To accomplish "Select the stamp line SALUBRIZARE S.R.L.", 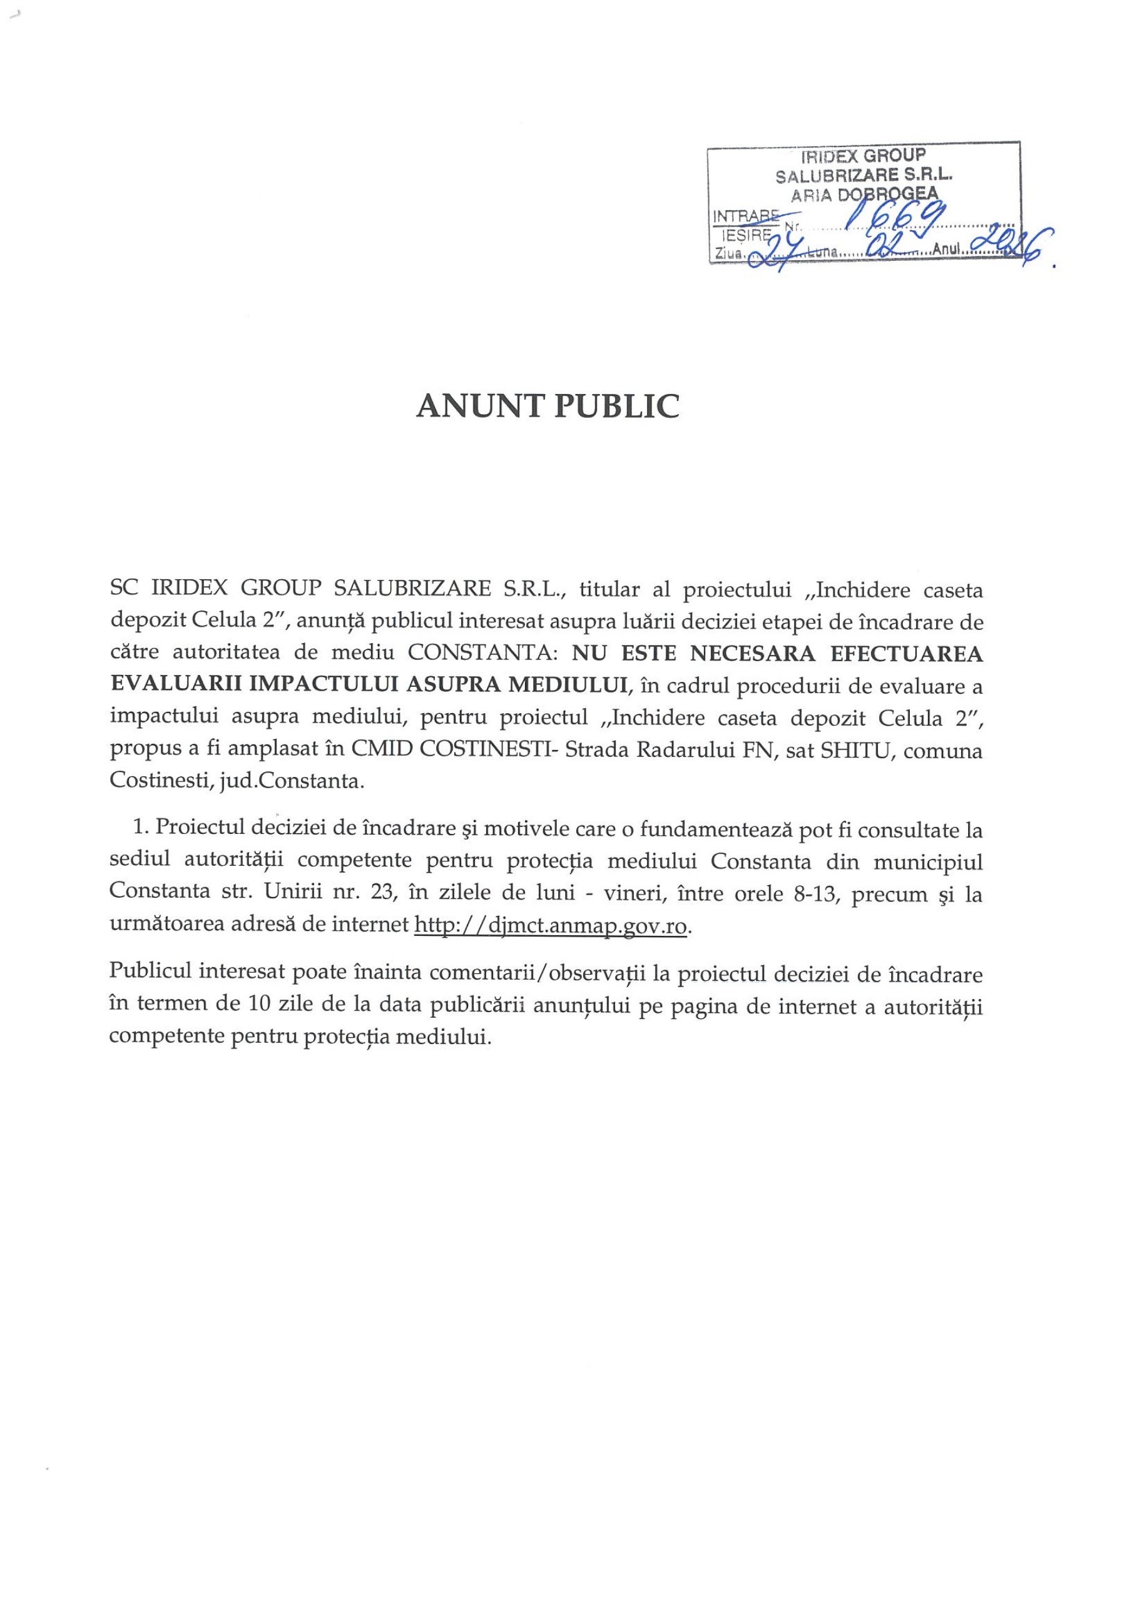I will click(x=864, y=175).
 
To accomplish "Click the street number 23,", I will click(x=380, y=893).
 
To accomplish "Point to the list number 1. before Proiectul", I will click(x=140, y=827).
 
